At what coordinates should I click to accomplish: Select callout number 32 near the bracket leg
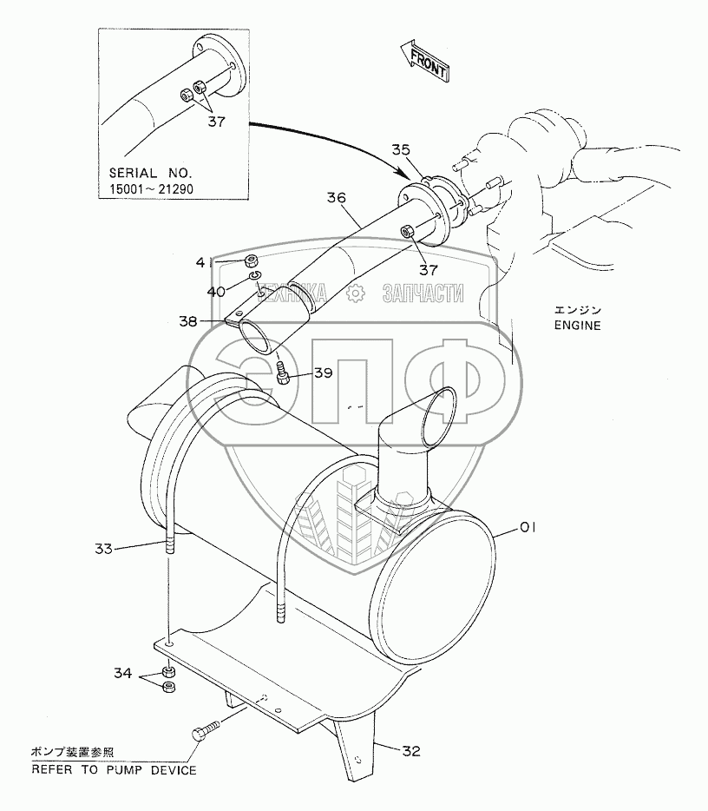pos(411,751)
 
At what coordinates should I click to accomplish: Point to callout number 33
pos(104,548)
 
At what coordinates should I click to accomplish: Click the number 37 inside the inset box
pos(216,122)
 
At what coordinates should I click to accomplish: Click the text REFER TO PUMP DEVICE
pos(115,769)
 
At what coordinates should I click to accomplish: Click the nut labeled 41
pos(250,260)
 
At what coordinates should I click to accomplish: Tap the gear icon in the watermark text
pos(354,294)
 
